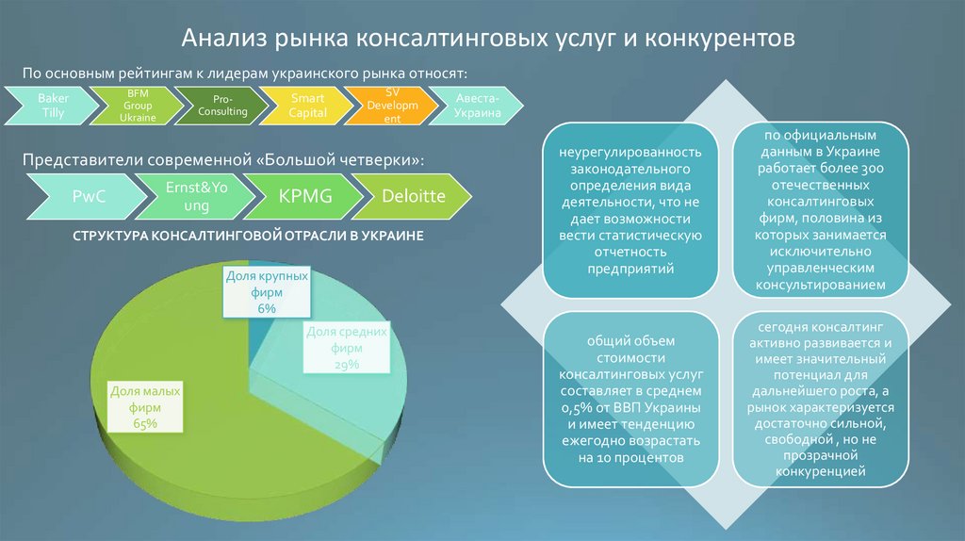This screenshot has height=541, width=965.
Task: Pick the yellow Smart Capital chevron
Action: [308, 105]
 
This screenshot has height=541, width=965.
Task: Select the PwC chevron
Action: [82, 197]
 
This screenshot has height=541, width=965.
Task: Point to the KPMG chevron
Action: [303, 197]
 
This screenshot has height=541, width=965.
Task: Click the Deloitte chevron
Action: [413, 197]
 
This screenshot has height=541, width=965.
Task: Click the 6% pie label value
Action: [268, 309]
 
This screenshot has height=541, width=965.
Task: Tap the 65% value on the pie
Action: [145, 424]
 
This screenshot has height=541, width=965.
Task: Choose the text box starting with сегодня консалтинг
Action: [820, 399]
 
